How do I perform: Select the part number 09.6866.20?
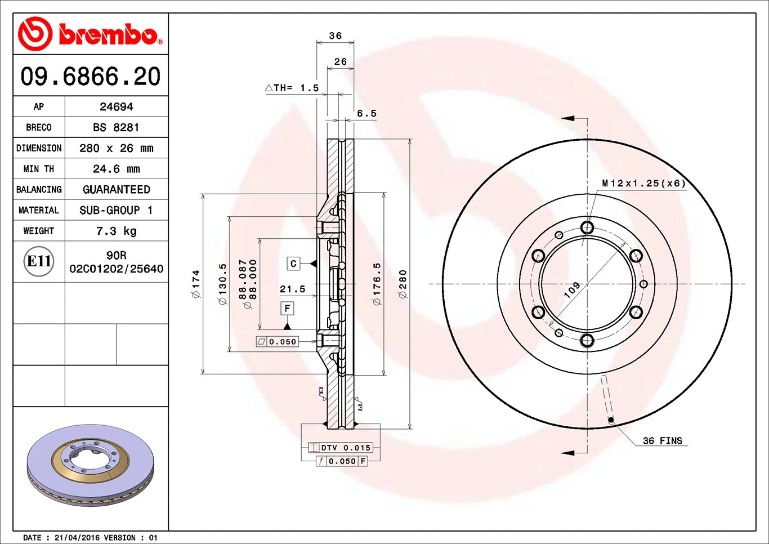pyautogui.click(x=91, y=77)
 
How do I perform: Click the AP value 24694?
pyautogui.click(x=116, y=106)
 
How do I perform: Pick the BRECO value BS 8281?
pyautogui.click(x=116, y=127)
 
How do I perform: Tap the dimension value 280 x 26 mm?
pyautogui.click(x=116, y=148)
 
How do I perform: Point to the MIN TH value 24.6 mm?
pyautogui.click(x=116, y=169)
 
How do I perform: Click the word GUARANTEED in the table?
pyautogui.click(x=116, y=190)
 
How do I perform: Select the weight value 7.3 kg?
pyautogui.click(x=116, y=231)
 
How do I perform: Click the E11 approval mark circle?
pyautogui.click(x=39, y=261)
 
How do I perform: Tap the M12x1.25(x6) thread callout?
pyautogui.click(x=643, y=183)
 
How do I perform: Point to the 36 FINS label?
pyautogui.click(x=662, y=441)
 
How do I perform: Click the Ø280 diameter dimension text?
pyautogui.click(x=403, y=284)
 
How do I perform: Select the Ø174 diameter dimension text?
pyautogui.click(x=196, y=284)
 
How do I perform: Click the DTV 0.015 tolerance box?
pyautogui.click(x=345, y=448)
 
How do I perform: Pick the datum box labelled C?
pyautogui.click(x=293, y=264)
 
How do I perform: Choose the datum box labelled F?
pyautogui.click(x=287, y=308)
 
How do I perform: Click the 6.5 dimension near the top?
pyautogui.click(x=366, y=113)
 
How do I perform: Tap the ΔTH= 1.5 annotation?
pyautogui.click(x=292, y=88)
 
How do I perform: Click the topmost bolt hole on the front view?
pyautogui.click(x=587, y=228)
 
